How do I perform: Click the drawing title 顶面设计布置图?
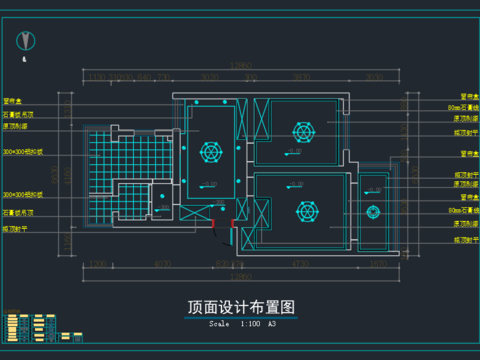click(x=241, y=308)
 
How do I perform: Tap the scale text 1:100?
click(x=249, y=324)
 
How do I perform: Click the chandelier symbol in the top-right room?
click(x=301, y=130)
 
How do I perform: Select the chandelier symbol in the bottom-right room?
click(x=306, y=211)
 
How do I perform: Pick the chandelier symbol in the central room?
click(x=210, y=152)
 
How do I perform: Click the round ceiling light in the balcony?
click(x=374, y=211)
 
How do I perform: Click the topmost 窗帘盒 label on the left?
click(x=14, y=100)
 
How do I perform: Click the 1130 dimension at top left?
click(x=96, y=76)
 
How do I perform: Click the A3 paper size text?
click(x=272, y=324)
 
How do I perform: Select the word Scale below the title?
click(x=219, y=324)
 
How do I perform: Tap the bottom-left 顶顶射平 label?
click(x=16, y=228)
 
